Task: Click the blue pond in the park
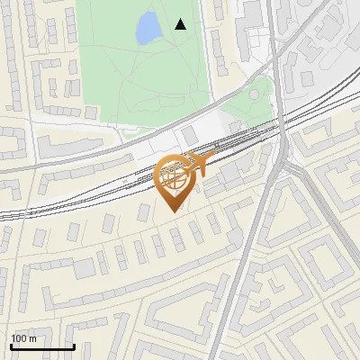tap(147, 31)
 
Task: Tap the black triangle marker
tap(181, 24)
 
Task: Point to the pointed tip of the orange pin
tap(174, 211)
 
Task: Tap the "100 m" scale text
tap(23, 338)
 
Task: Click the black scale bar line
tap(42, 346)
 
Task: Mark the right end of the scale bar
tap(74, 346)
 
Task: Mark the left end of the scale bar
tap(11, 346)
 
